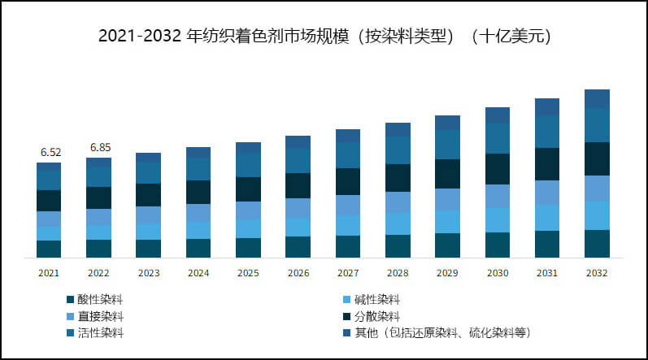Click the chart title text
point(324,36)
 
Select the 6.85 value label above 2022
point(99,148)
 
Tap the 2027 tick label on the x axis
point(348,273)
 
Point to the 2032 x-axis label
point(598,273)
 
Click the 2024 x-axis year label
point(198,273)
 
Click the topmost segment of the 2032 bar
point(598,98)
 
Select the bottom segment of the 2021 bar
point(49,249)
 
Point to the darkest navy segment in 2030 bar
point(498,169)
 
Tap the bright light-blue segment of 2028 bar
point(398,223)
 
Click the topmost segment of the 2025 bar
point(248,147)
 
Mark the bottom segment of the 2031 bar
point(547,244)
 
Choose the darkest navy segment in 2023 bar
point(148,195)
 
